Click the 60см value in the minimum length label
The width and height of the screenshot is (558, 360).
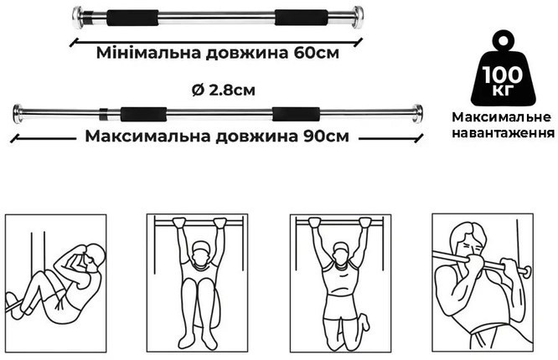tap(317, 53)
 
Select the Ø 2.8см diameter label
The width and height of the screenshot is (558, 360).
tap(224, 90)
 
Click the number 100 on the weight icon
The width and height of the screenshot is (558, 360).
tap(503, 75)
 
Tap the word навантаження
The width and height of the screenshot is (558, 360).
tap(503, 132)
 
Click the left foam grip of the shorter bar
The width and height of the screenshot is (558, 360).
tap(132, 18)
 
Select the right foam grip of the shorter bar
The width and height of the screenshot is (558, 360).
tap(302, 18)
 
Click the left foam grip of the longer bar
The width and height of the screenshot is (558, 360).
tap(143, 114)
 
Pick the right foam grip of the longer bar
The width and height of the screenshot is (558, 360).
tap(296, 114)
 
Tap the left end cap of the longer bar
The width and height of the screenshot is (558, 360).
tap(18, 114)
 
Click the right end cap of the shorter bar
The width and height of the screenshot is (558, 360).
tap(357, 17)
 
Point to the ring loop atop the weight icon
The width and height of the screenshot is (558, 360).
tap(503, 39)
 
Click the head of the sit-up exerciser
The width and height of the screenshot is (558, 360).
tap(95, 256)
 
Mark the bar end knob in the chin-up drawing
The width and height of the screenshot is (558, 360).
tap(527, 270)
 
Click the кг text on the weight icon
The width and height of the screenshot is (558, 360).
tap(503, 90)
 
